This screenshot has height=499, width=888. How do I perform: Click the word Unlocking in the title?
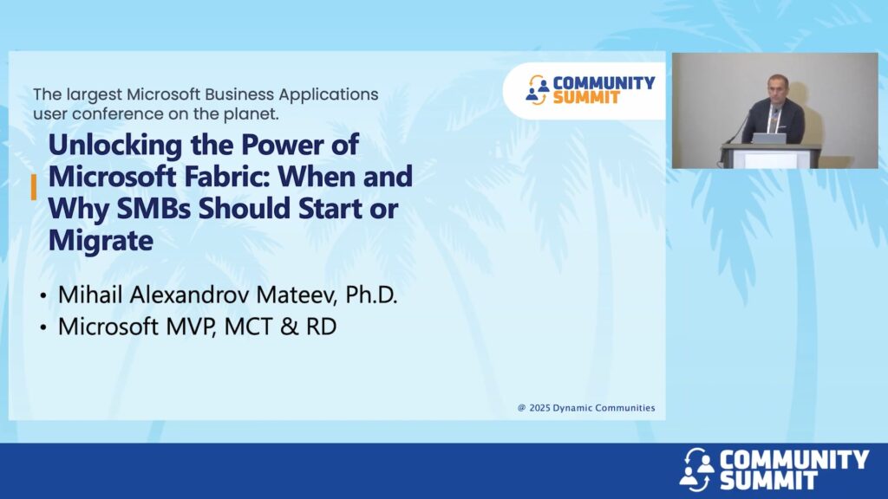pyautogui.click(x=116, y=145)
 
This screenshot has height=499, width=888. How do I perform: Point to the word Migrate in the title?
pyautogui.click(x=101, y=241)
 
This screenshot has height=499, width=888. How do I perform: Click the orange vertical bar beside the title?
pyautogui.click(x=34, y=187)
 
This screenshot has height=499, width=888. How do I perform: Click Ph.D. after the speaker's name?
pyautogui.click(x=371, y=295)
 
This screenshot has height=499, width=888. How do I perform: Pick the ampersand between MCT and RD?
pyautogui.click(x=289, y=327)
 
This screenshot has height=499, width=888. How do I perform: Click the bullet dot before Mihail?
pyautogui.click(x=43, y=296)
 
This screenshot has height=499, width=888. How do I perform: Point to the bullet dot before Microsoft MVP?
pyautogui.click(x=43, y=328)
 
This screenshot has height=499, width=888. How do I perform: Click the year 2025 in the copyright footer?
pyautogui.click(x=539, y=408)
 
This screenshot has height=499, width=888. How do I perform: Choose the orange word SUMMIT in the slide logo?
pyautogui.click(x=587, y=98)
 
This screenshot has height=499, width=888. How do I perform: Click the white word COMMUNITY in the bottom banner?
pyautogui.click(x=794, y=459)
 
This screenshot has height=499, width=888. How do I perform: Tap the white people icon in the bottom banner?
pyautogui.click(x=697, y=469)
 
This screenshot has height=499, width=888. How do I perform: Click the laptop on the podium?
pyautogui.click(x=769, y=139)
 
